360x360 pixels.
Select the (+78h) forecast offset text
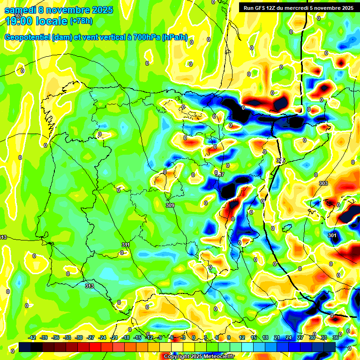click(x=82, y=21)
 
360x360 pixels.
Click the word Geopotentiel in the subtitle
click(x=27, y=37)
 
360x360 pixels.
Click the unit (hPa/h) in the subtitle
click(x=174, y=37)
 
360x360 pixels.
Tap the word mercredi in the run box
click(x=303, y=8)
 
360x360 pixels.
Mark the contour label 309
click(x=170, y=205)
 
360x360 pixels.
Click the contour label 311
click(x=126, y=245)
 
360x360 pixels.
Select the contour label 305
click(x=281, y=161)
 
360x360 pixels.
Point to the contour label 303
click(x=323, y=183)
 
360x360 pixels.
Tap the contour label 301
click(x=332, y=235)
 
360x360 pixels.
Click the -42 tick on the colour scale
click(x=32, y=337)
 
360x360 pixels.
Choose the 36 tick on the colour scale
click(x=335, y=337)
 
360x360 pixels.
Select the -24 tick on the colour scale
click(x=102, y=337)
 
